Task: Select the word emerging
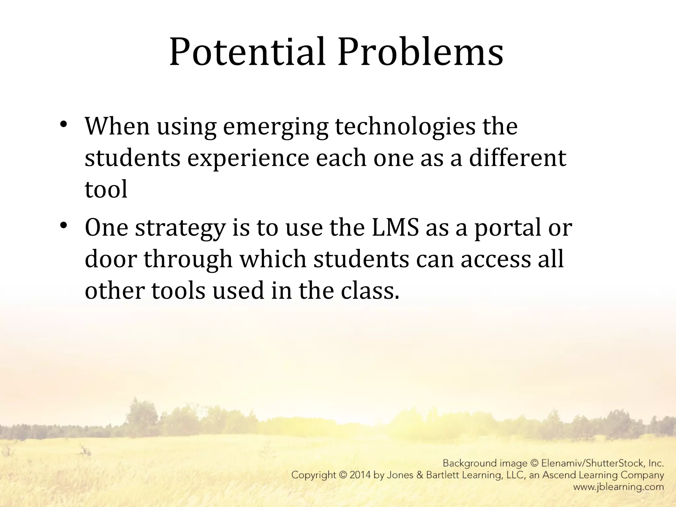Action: tap(276, 127)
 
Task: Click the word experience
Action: tap(248, 159)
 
